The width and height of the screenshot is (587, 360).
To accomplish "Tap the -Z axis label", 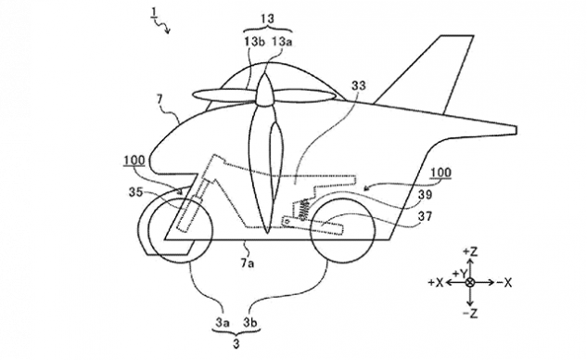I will click(473, 313).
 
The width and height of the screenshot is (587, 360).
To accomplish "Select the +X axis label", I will click(433, 282).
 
